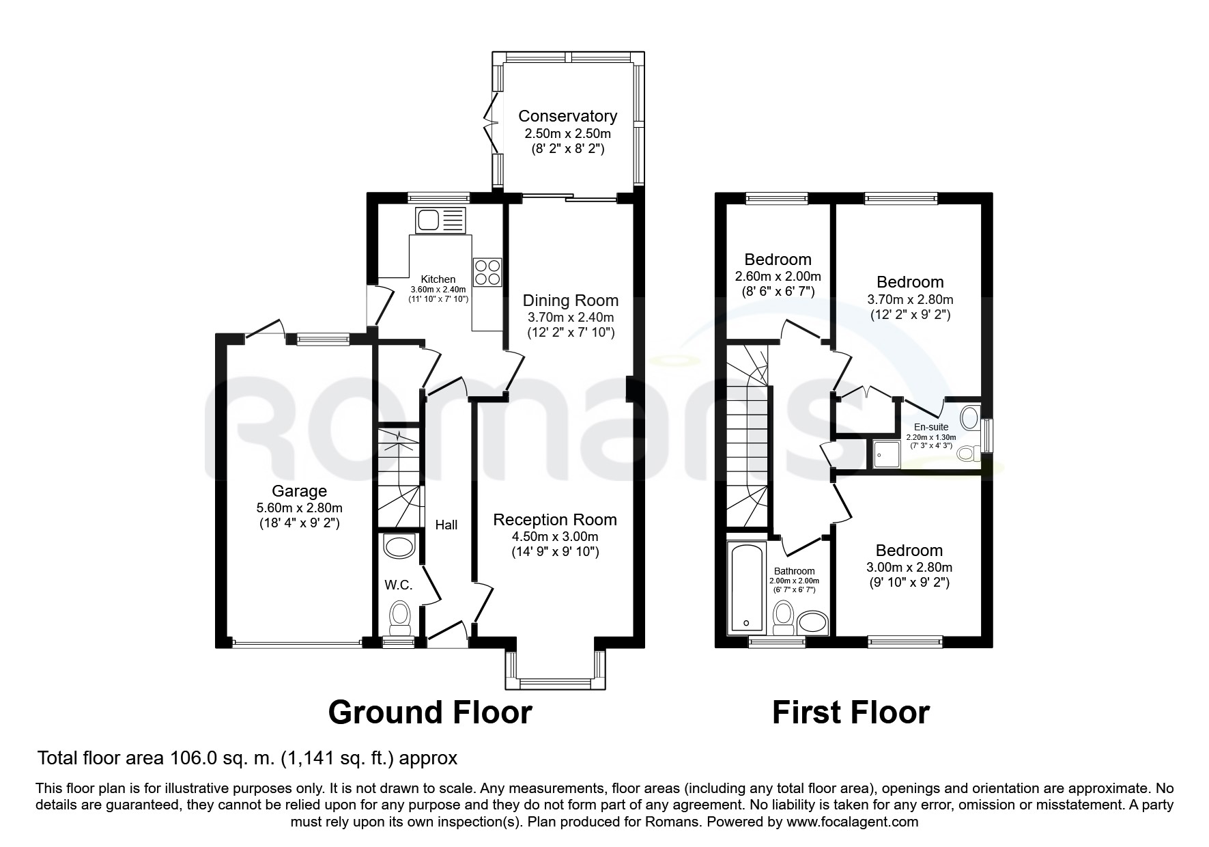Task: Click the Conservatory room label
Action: [x=567, y=116]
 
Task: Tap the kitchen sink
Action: [x=440, y=220]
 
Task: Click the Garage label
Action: [x=299, y=491]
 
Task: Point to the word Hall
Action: [x=446, y=525]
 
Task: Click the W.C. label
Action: [x=398, y=585]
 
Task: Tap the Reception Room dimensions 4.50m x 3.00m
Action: [x=555, y=536]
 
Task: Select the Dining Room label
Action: [x=571, y=301]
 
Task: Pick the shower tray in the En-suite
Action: [x=885, y=454]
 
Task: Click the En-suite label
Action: [x=931, y=428]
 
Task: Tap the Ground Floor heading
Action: [x=430, y=712]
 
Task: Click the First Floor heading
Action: [x=851, y=712]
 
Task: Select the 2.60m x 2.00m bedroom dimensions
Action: [x=778, y=277]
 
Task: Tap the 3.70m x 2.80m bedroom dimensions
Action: [x=910, y=299]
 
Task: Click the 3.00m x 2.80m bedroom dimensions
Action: [x=909, y=567]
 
